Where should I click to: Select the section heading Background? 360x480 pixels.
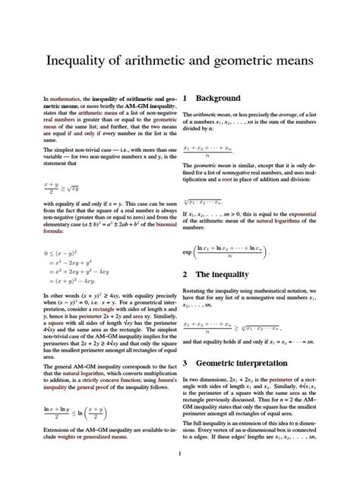pyautogui.click(x=218, y=98)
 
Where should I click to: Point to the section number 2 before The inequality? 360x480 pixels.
pyautogui.click(x=185, y=273)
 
